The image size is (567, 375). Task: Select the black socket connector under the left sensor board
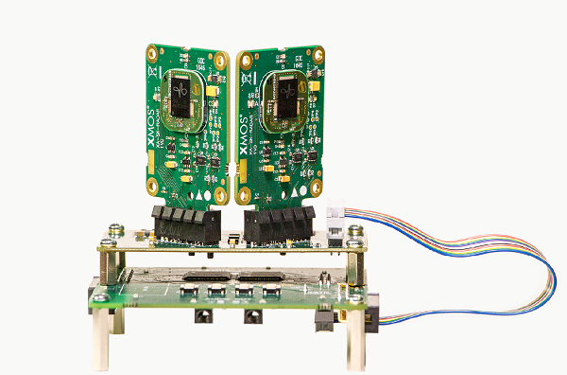[185, 226]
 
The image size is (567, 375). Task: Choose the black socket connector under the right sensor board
[279, 226]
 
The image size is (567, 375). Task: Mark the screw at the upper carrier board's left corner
[114, 230]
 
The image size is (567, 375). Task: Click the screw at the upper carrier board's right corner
[354, 231]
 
